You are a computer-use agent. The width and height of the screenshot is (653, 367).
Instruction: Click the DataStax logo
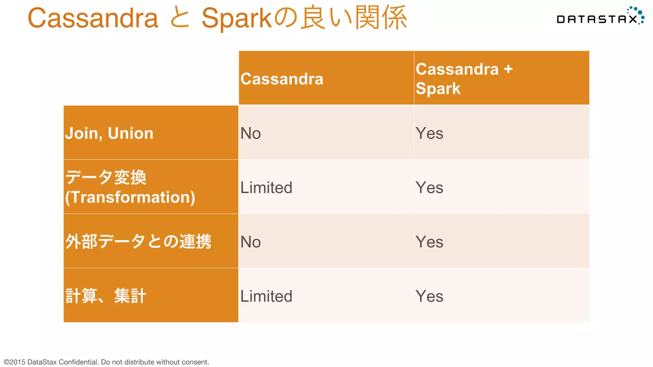click(600, 17)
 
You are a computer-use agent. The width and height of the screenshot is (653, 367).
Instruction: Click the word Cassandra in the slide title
click(93, 18)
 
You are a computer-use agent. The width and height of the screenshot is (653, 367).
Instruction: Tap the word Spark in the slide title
click(236, 18)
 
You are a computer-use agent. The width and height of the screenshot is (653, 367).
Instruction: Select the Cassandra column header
click(282, 79)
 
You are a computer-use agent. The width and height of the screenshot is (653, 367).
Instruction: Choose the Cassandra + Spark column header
click(464, 78)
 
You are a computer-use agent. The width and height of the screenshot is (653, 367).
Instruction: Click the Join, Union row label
click(109, 133)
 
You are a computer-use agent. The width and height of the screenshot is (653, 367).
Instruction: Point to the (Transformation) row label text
click(130, 197)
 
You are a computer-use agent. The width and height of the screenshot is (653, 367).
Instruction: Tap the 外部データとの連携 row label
click(138, 241)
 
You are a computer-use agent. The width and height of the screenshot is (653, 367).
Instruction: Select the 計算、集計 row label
click(106, 296)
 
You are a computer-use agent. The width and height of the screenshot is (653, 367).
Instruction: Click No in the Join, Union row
click(251, 133)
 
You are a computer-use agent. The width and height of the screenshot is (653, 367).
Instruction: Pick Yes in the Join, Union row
click(429, 133)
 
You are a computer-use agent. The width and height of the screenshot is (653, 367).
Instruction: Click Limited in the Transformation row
click(266, 187)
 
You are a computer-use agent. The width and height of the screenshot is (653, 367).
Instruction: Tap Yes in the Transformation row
click(429, 187)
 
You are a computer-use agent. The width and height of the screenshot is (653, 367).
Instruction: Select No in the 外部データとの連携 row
click(251, 242)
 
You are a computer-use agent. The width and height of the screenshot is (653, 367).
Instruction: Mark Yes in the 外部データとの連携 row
click(429, 242)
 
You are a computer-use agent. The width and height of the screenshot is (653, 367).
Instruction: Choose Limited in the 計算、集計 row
click(266, 296)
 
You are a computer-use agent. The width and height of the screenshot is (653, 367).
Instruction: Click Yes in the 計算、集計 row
click(429, 296)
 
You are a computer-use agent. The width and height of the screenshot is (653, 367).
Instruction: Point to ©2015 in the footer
click(15, 362)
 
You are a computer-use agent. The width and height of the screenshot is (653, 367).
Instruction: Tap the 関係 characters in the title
click(381, 18)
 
